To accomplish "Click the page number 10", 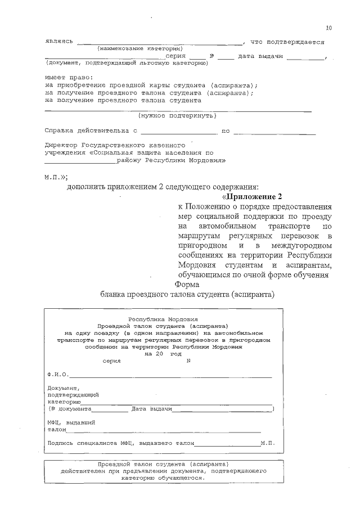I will click(x=328, y=28).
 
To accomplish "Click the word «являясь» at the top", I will click(x=59, y=42).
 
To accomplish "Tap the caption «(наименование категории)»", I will click(x=139, y=49).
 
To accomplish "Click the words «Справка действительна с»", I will click(x=91, y=130).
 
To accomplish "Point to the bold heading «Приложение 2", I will click(x=251, y=196).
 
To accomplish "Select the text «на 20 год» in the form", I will click(x=162, y=354).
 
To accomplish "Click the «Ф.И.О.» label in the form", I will click(x=58, y=374).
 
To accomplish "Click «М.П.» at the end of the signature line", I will click(x=267, y=443).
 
